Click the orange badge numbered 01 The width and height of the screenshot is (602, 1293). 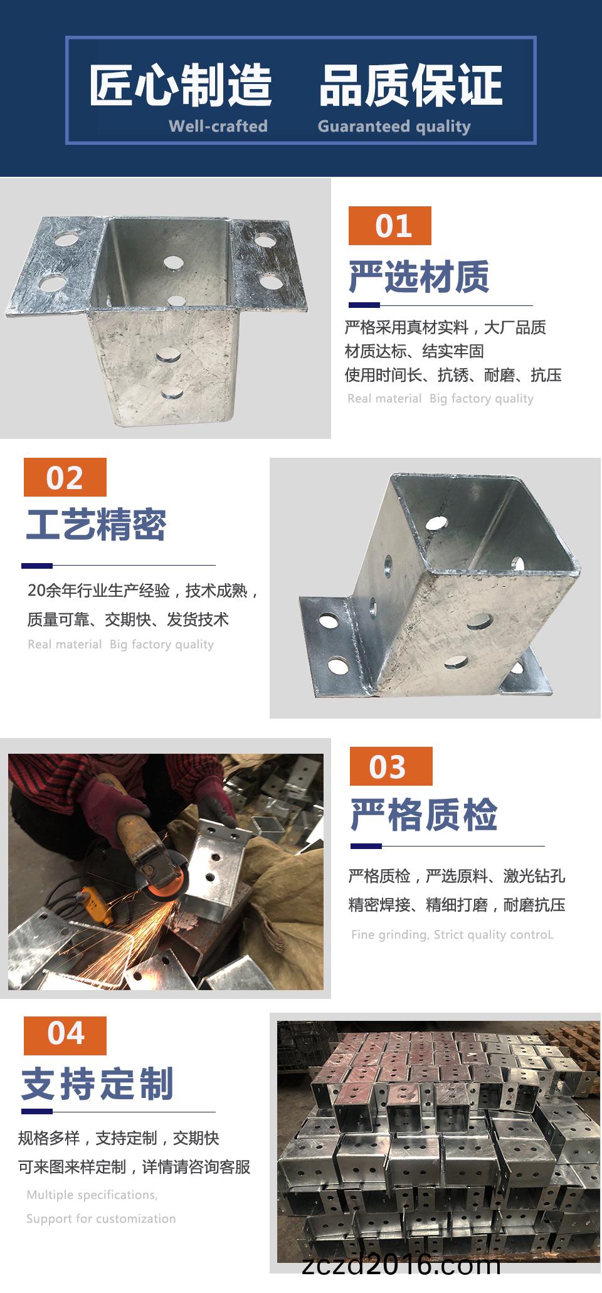(x=390, y=226)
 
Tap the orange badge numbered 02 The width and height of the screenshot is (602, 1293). (x=65, y=477)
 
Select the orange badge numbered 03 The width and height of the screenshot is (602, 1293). (x=391, y=766)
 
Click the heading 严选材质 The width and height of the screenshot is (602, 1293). (x=419, y=277)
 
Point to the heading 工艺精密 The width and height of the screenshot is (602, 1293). (x=96, y=524)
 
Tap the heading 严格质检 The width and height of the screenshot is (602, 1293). (x=424, y=815)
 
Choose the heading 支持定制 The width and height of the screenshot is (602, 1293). (x=98, y=1084)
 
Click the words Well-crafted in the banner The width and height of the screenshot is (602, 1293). (x=218, y=126)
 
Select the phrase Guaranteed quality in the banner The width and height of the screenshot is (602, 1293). (x=394, y=127)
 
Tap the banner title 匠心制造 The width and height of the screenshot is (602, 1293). (x=181, y=85)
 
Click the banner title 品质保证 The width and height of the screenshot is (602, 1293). (x=411, y=85)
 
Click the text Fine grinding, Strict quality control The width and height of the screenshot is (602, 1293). (x=452, y=934)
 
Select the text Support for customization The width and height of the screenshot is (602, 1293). (x=101, y=1219)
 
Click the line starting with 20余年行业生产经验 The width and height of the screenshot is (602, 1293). (x=144, y=591)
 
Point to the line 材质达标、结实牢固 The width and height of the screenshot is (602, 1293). (x=415, y=351)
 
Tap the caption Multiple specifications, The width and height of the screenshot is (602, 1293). (x=92, y=1195)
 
